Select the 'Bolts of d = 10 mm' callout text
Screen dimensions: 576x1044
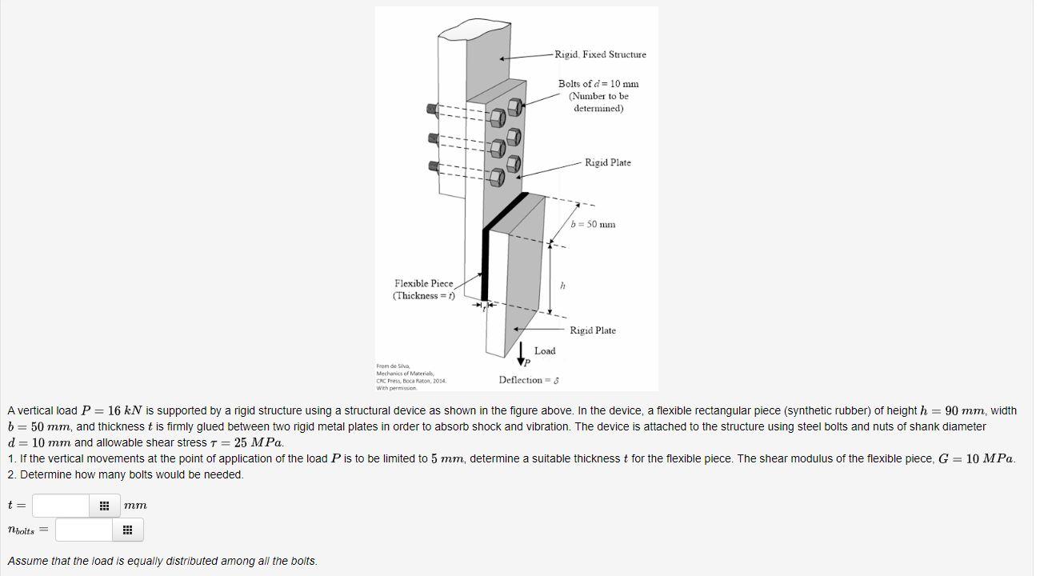tap(598, 84)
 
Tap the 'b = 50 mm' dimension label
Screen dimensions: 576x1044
tap(594, 224)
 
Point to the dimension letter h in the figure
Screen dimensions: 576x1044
tap(562, 286)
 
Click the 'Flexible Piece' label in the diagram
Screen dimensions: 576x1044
tap(423, 284)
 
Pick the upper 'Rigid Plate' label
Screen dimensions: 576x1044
tap(607, 162)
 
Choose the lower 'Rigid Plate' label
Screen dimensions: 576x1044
tap(593, 330)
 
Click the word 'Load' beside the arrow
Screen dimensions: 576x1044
tap(545, 351)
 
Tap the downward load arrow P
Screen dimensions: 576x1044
tap(522, 353)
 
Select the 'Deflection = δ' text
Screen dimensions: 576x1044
tap(528, 380)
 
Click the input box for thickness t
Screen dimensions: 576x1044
tap(61, 506)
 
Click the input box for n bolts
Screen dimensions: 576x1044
tap(84, 530)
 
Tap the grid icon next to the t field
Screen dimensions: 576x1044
tap(104, 506)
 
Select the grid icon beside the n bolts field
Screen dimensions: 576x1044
tap(127, 530)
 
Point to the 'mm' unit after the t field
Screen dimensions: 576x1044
tap(135, 506)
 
